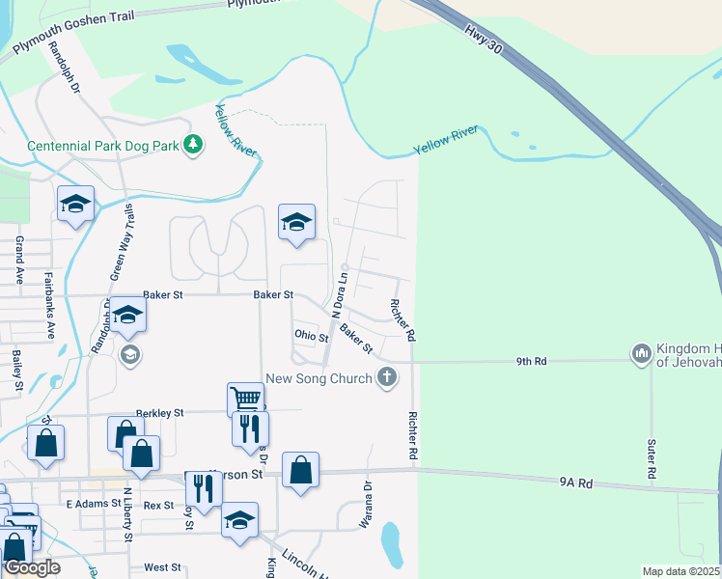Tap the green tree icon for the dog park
point(194,145)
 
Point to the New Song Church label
point(319,378)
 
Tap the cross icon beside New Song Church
point(386,377)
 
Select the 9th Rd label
point(531,361)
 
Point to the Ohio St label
point(311,336)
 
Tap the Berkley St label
point(159,412)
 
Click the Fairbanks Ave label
point(49,305)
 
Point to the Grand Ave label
point(18,260)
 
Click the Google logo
point(32,566)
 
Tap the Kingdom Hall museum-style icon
point(642,355)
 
